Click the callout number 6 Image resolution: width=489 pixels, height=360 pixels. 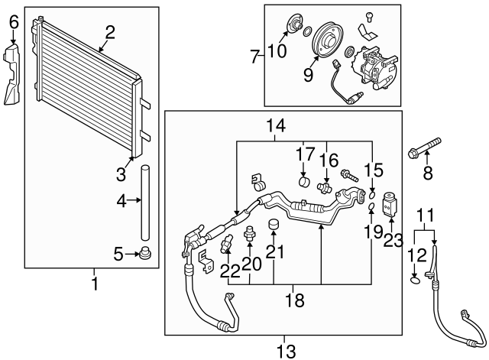coord(12,24)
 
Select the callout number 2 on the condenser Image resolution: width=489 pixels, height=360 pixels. coord(110,32)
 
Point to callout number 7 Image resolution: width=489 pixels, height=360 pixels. coord(254,55)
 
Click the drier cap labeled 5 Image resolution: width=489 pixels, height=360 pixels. coord(144,253)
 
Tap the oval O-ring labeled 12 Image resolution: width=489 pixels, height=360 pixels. coord(414,279)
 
